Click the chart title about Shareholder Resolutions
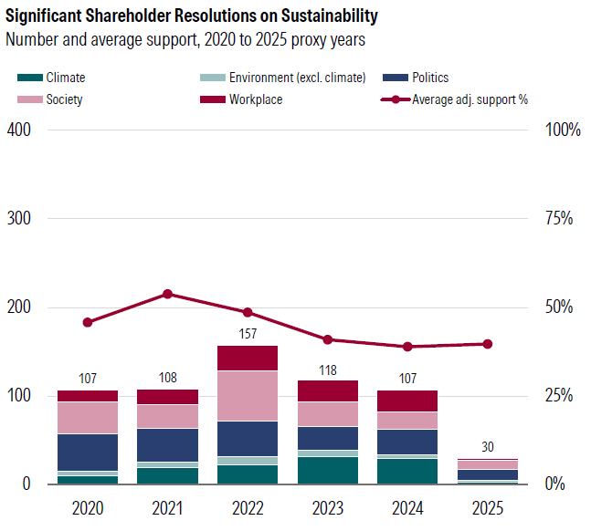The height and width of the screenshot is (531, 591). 192,17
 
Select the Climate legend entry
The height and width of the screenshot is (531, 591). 65,78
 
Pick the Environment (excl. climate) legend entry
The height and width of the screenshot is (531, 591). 297,78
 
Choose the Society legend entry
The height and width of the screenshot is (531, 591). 64,99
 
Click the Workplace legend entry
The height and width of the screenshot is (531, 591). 256,99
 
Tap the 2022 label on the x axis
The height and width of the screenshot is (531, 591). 248,507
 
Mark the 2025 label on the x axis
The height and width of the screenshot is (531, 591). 488,507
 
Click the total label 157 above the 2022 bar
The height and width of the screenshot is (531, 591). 248,335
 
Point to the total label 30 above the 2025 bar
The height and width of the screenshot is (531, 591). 488,447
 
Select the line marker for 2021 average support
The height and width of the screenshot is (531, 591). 167,294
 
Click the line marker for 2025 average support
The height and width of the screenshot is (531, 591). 488,344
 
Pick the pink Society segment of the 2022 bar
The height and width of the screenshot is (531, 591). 248,395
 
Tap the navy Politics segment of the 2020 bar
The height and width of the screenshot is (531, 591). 88,452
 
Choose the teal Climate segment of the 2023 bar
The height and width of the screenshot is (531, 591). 328,470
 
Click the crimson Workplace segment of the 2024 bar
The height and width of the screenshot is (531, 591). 407,401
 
